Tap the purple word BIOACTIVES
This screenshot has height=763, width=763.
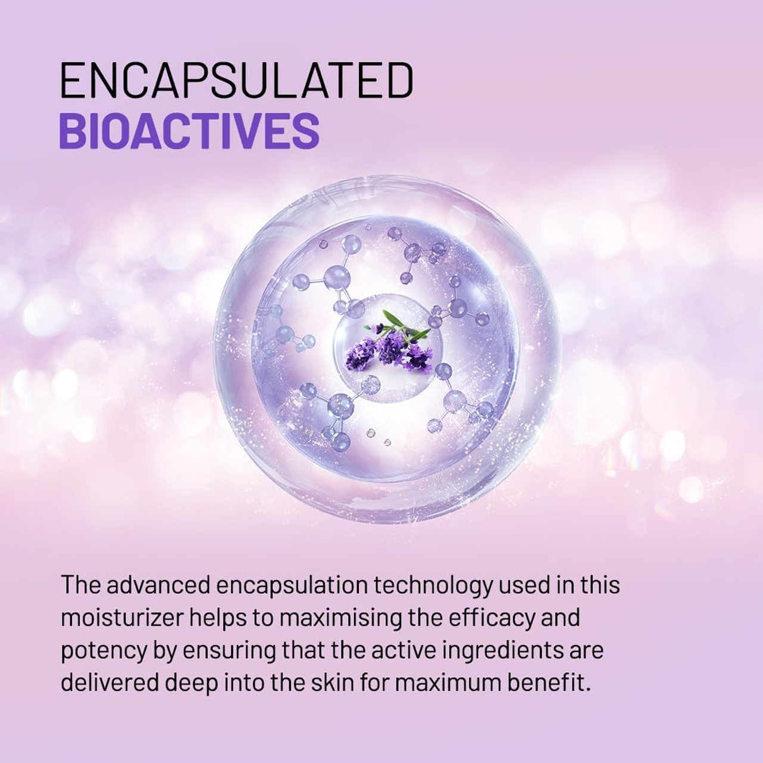click(190, 131)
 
